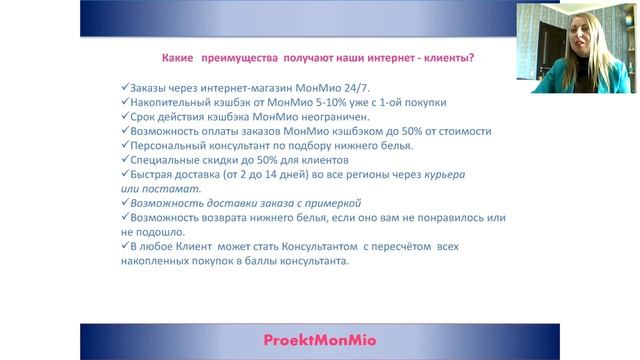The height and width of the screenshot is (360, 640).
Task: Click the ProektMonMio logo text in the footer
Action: point(320,340)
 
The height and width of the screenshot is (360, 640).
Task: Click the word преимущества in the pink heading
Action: point(240,58)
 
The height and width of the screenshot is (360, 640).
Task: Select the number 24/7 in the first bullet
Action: point(356,88)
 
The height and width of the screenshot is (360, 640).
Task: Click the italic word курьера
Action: point(444,175)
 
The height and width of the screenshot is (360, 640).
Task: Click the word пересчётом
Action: point(401,247)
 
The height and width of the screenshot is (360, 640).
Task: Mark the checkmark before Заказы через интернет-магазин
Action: point(125,87)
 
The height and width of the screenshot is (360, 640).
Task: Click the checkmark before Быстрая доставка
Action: point(125,173)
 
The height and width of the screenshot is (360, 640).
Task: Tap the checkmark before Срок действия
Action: point(125,116)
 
